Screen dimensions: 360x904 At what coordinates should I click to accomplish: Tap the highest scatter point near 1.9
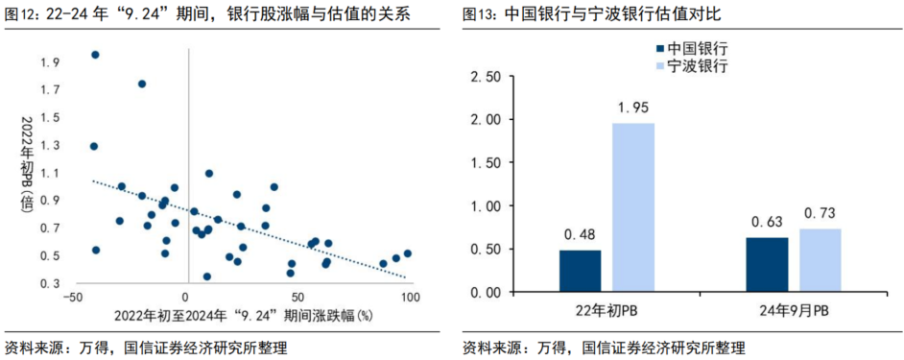pos(95,55)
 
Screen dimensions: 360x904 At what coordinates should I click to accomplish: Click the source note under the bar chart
pos(603,347)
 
